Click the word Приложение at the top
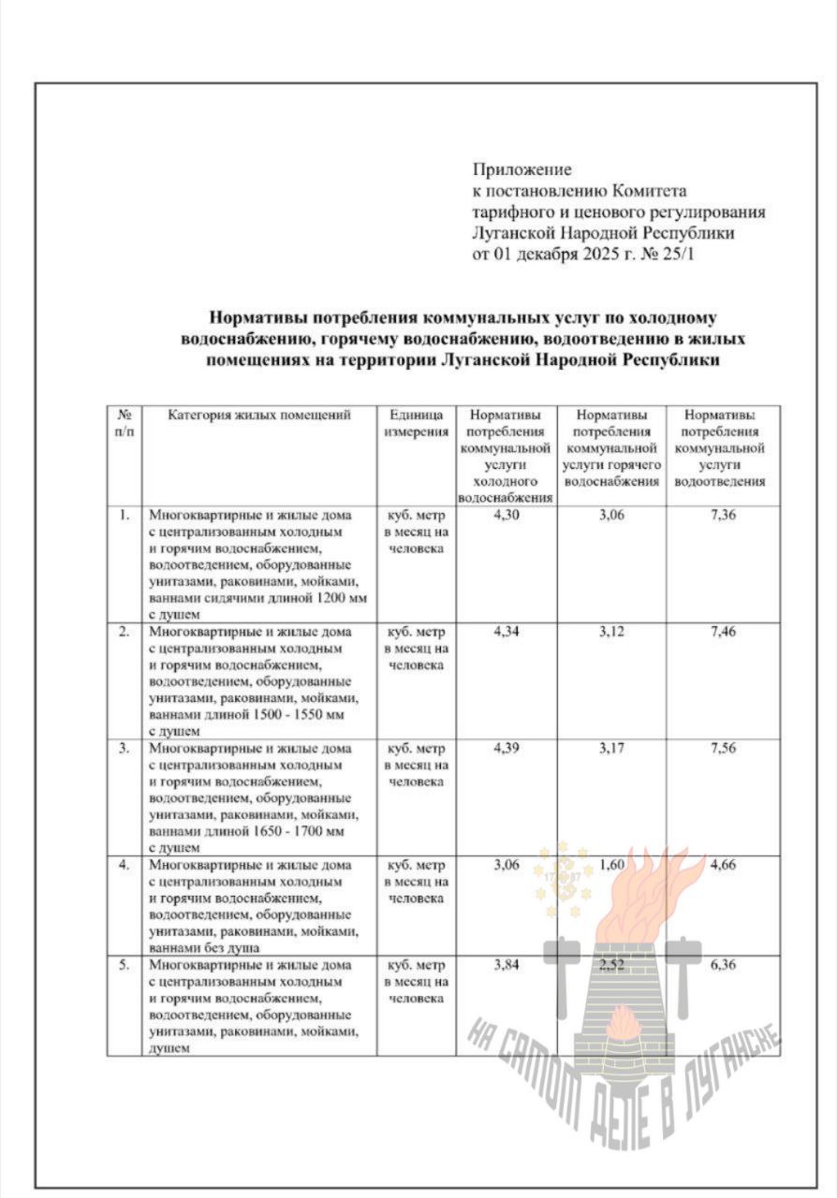(x=521, y=169)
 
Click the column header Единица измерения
(x=416, y=423)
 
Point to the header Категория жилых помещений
(x=259, y=415)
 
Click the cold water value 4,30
(x=507, y=515)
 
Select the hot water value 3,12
(x=611, y=632)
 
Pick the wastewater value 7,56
(x=723, y=749)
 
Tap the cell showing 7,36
(x=723, y=515)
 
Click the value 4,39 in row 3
(x=507, y=749)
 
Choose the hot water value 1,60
(x=611, y=865)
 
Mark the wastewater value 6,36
(x=723, y=964)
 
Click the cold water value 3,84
(x=507, y=964)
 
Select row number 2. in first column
(x=124, y=632)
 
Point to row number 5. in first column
(x=124, y=964)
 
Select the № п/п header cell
(x=124, y=423)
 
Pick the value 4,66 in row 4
(x=723, y=865)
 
